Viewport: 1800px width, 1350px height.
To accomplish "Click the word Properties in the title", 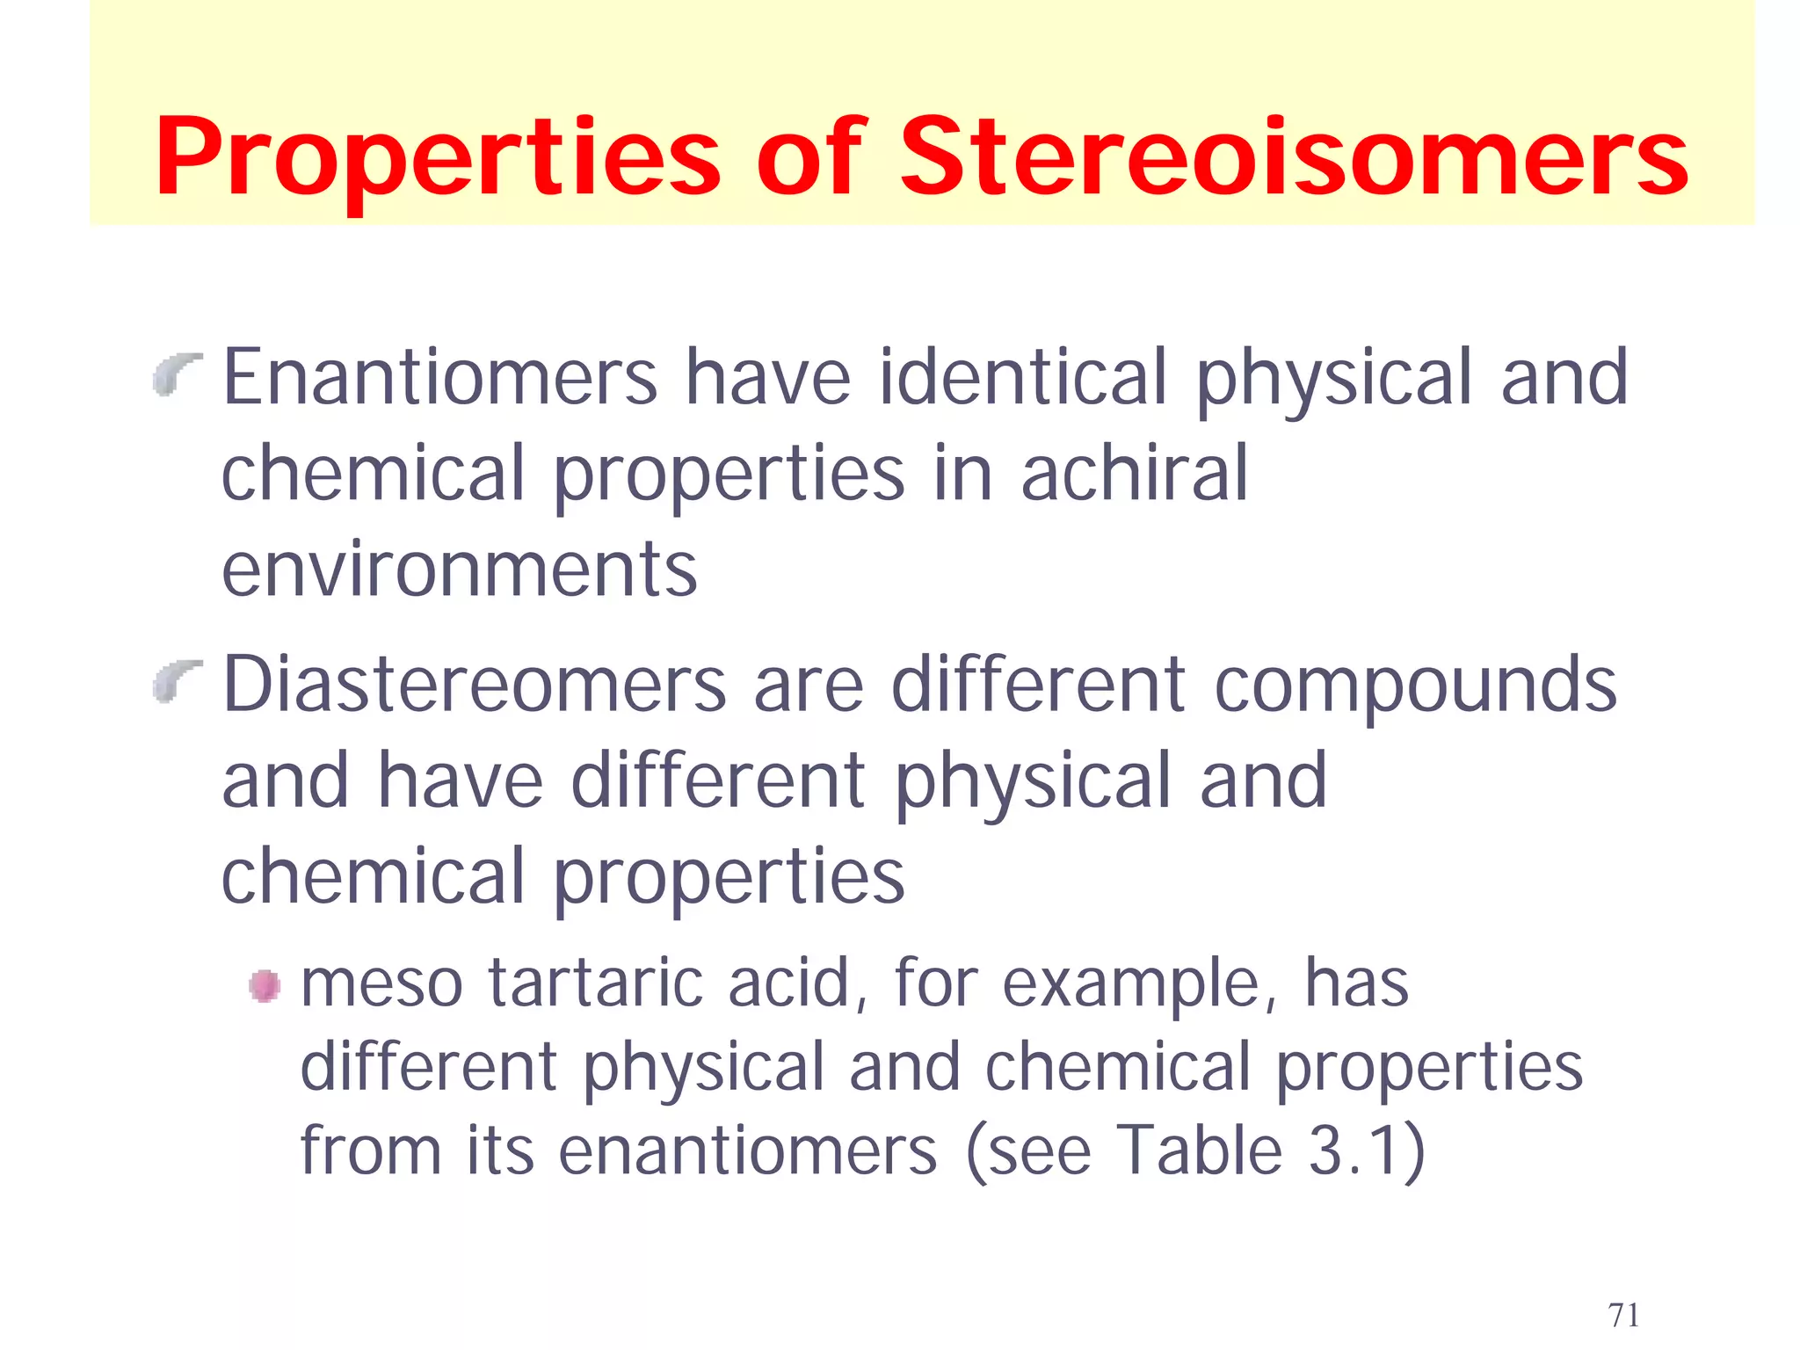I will point(437,158).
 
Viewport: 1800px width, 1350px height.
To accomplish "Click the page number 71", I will point(1623,1315).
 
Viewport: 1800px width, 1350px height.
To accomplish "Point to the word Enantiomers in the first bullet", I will point(439,378).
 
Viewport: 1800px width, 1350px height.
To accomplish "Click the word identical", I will point(1022,378).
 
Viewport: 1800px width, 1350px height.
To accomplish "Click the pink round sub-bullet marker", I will point(265,985).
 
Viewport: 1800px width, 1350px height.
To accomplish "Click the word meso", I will point(381,984).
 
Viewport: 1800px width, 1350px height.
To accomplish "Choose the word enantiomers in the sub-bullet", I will point(748,1151).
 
